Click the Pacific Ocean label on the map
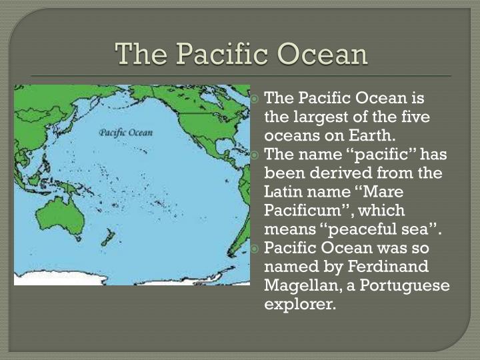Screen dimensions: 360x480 pyautogui.click(x=126, y=132)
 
